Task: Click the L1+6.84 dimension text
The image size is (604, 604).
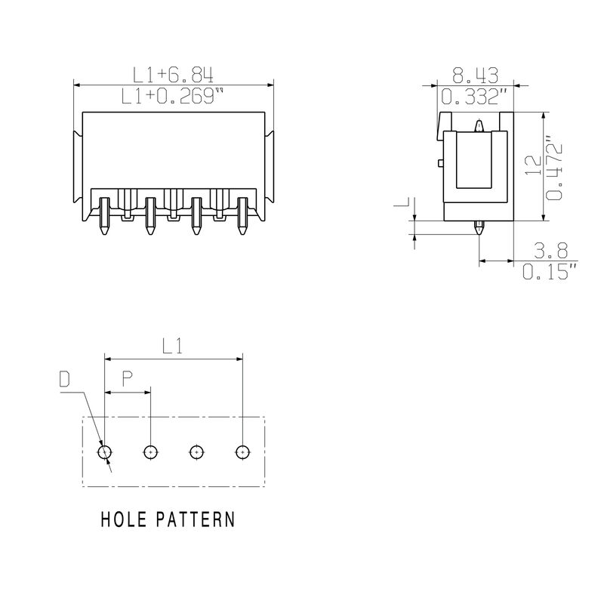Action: [173, 75]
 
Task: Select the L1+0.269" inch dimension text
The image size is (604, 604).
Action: [172, 97]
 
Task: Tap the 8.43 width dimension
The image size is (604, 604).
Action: [476, 75]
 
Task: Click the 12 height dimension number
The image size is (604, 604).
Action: [534, 165]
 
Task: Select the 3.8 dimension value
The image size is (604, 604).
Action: [551, 251]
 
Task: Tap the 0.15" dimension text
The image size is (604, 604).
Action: [550, 271]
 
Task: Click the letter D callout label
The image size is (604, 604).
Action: [65, 379]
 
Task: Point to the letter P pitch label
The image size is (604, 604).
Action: [128, 379]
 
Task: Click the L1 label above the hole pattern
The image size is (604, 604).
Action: [172, 346]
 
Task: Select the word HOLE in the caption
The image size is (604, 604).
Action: [124, 519]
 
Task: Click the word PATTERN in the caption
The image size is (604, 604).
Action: [196, 519]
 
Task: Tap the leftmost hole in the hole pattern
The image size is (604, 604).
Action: [105, 451]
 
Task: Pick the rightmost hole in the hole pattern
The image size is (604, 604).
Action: [242, 451]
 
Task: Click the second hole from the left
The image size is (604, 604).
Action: [150, 451]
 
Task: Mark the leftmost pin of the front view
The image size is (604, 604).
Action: [104, 216]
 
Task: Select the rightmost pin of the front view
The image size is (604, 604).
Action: [242, 216]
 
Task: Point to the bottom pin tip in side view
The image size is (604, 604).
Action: [479, 234]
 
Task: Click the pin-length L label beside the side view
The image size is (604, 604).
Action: [404, 202]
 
